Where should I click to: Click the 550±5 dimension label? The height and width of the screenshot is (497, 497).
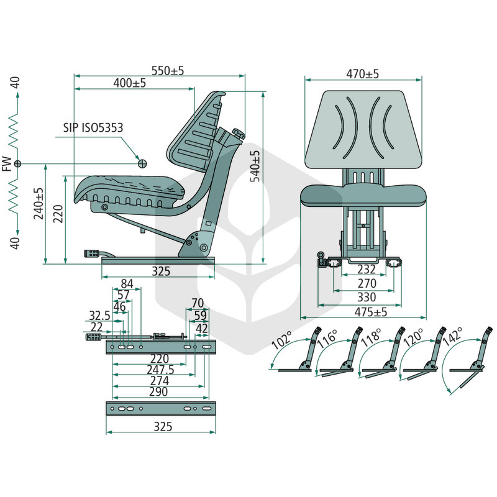168,71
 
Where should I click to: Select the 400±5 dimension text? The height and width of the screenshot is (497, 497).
130,83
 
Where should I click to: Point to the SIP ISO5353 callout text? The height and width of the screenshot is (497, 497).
93,127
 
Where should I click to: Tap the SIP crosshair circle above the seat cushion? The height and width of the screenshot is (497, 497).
143,163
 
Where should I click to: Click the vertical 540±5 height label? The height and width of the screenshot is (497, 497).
255,166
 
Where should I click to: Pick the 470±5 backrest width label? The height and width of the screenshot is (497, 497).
362,74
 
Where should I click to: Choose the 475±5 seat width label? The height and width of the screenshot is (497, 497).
371,312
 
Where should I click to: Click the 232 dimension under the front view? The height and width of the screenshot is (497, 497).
367,269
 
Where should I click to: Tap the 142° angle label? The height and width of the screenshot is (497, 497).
453,337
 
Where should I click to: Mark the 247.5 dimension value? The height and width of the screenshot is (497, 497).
161,370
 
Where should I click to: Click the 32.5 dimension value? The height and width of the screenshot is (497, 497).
99,316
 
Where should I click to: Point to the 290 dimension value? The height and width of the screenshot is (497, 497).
158,392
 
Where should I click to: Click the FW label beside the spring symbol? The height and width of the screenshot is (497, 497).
7,164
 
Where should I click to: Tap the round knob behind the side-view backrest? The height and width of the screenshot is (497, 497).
239,133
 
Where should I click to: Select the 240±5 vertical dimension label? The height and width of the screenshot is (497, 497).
39,204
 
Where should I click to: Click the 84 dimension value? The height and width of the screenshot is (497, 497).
127,284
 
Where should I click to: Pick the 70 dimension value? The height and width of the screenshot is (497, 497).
198,303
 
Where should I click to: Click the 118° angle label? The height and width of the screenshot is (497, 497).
372,338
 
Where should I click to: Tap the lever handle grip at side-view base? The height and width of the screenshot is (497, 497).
92,253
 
